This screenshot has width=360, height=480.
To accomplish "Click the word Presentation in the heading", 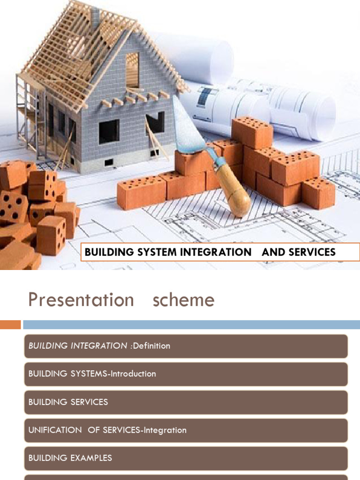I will pyautogui.click(x=81, y=300).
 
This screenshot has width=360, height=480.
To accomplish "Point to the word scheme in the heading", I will pyautogui.click(x=183, y=300).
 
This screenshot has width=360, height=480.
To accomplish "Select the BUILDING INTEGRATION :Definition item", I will pyautogui.click(x=186, y=346).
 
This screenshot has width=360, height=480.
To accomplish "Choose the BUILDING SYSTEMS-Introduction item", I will pyautogui.click(x=186, y=374).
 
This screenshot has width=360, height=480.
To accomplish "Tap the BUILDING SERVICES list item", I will pyautogui.click(x=186, y=402).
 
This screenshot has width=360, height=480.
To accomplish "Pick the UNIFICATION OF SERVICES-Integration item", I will pyautogui.click(x=186, y=430).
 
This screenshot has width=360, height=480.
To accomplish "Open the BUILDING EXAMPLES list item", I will pyautogui.click(x=186, y=458).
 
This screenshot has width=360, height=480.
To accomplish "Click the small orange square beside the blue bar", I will pyautogui.click(x=10, y=324).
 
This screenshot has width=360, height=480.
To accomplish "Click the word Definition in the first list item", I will pyautogui.click(x=151, y=346).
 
